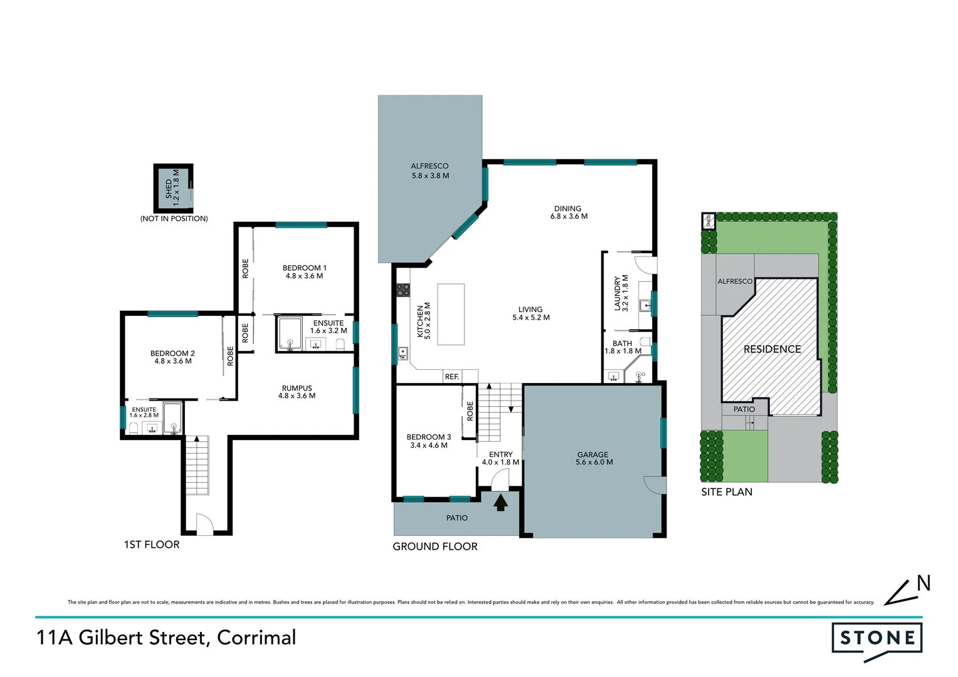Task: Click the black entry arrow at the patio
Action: pos(500,502)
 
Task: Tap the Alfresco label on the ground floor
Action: pos(429,166)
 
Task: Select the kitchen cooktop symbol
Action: pos(403,290)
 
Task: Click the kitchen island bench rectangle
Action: pos(451,314)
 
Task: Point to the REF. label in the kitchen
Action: pos(452,377)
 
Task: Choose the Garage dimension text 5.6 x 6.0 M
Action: pos(594,463)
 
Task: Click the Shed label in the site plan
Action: pos(708,221)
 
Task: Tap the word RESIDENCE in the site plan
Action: pos(772,349)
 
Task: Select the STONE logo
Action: pos(876,639)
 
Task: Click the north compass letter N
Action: pos(923,584)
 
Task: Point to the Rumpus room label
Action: pos(297,388)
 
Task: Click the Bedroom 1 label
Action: pos(304,268)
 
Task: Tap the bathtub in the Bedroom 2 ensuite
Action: pos(172,418)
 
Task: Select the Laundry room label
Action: pos(618,293)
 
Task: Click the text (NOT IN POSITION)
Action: pos(174,219)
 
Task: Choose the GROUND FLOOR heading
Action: pos(434,547)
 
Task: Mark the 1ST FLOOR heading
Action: pos(152,545)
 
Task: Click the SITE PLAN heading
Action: pos(727,492)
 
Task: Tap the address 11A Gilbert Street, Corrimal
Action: pos(166,638)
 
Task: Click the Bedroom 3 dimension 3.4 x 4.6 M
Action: pos(429,446)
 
